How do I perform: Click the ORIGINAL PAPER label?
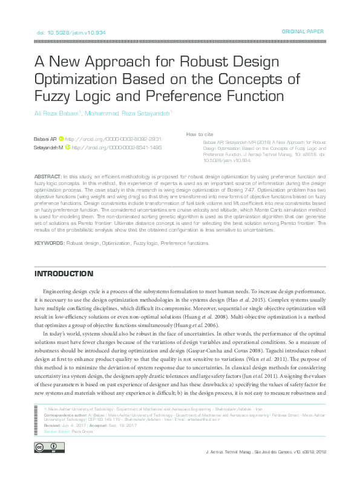pyautogui.click(x=303, y=31)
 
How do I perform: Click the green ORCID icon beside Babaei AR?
pyautogui.click(x=61, y=139)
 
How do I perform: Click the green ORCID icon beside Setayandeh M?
pyautogui.click(x=67, y=147)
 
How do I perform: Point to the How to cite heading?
pyautogui.click(x=200, y=134)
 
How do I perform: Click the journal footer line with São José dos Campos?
pyautogui.click(x=266, y=451)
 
